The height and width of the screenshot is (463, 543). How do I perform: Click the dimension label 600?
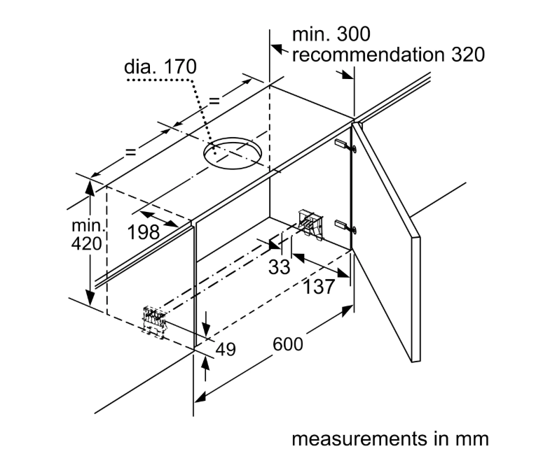289,345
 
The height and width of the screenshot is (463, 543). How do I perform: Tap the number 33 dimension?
278,266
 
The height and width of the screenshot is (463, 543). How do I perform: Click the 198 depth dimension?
144,232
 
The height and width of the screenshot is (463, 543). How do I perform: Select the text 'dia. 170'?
160,69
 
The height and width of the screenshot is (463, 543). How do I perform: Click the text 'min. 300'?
331,34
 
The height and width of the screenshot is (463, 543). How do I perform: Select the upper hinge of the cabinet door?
345,145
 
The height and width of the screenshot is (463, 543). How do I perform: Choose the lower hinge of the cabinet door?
345,225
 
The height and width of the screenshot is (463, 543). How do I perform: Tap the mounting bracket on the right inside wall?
310,222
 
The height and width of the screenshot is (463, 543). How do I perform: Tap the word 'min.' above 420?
86,227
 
